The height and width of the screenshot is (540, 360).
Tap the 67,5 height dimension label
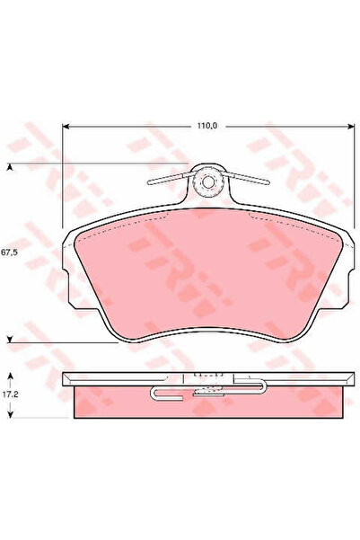click(x=12, y=252)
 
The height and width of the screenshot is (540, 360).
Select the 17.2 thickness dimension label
click(x=12, y=394)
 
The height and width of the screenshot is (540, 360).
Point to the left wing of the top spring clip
click(x=166, y=180)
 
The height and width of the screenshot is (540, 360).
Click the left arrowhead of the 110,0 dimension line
click(x=66, y=127)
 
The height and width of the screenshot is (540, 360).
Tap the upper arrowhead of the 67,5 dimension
click(x=10, y=167)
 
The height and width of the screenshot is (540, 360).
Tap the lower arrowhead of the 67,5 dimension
click(x=10, y=340)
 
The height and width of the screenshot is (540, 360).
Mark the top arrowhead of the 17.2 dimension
click(x=10, y=372)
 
